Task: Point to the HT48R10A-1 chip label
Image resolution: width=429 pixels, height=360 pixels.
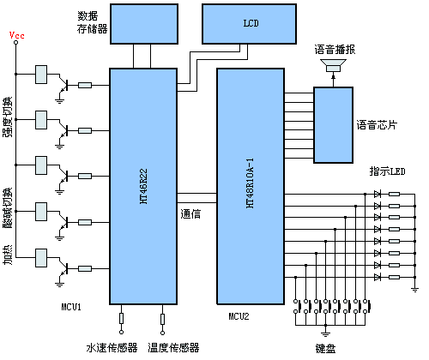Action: [251, 183]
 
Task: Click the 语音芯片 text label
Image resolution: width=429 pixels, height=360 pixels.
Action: [377, 125]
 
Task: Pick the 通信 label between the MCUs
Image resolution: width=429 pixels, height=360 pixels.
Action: [191, 213]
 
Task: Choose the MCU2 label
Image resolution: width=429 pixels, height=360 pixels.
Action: [238, 317]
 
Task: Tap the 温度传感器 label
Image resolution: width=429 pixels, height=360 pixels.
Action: [173, 348]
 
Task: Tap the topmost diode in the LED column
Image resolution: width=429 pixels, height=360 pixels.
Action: [377, 194]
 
